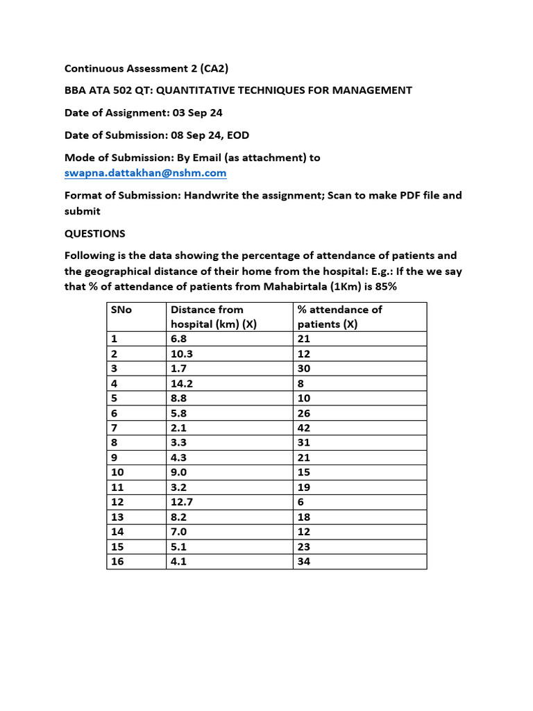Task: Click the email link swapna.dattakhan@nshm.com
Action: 145,173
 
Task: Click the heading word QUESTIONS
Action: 94,233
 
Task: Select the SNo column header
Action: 121,310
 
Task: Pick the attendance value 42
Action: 303,428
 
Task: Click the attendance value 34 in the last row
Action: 303,562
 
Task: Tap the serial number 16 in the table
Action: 117,562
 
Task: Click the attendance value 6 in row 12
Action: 301,502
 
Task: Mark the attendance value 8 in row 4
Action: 301,383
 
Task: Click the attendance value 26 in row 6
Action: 303,413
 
